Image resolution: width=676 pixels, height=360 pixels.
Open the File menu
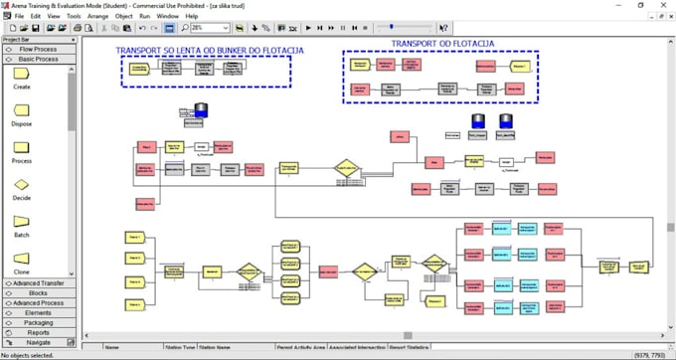pyautogui.click(x=20, y=17)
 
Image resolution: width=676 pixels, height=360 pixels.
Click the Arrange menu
pyautogui.click(x=97, y=17)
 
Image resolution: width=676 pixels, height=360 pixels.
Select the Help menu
pyautogui.click(x=192, y=17)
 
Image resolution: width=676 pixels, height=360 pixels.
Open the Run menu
pyautogui.click(x=144, y=17)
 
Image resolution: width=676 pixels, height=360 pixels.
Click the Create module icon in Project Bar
pyautogui.click(x=21, y=74)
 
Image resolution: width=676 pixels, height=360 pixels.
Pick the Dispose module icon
pyautogui.click(x=21, y=110)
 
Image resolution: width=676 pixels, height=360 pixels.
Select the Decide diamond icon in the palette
pyautogui.click(x=21, y=184)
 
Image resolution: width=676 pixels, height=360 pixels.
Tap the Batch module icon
pyautogui.click(x=21, y=222)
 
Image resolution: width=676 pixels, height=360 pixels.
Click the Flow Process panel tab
pyautogui.click(x=38, y=49)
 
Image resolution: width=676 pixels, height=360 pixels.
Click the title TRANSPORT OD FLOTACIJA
pyautogui.click(x=442, y=44)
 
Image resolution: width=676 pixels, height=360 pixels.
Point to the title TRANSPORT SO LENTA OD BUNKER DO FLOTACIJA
pyautogui.click(x=209, y=50)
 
